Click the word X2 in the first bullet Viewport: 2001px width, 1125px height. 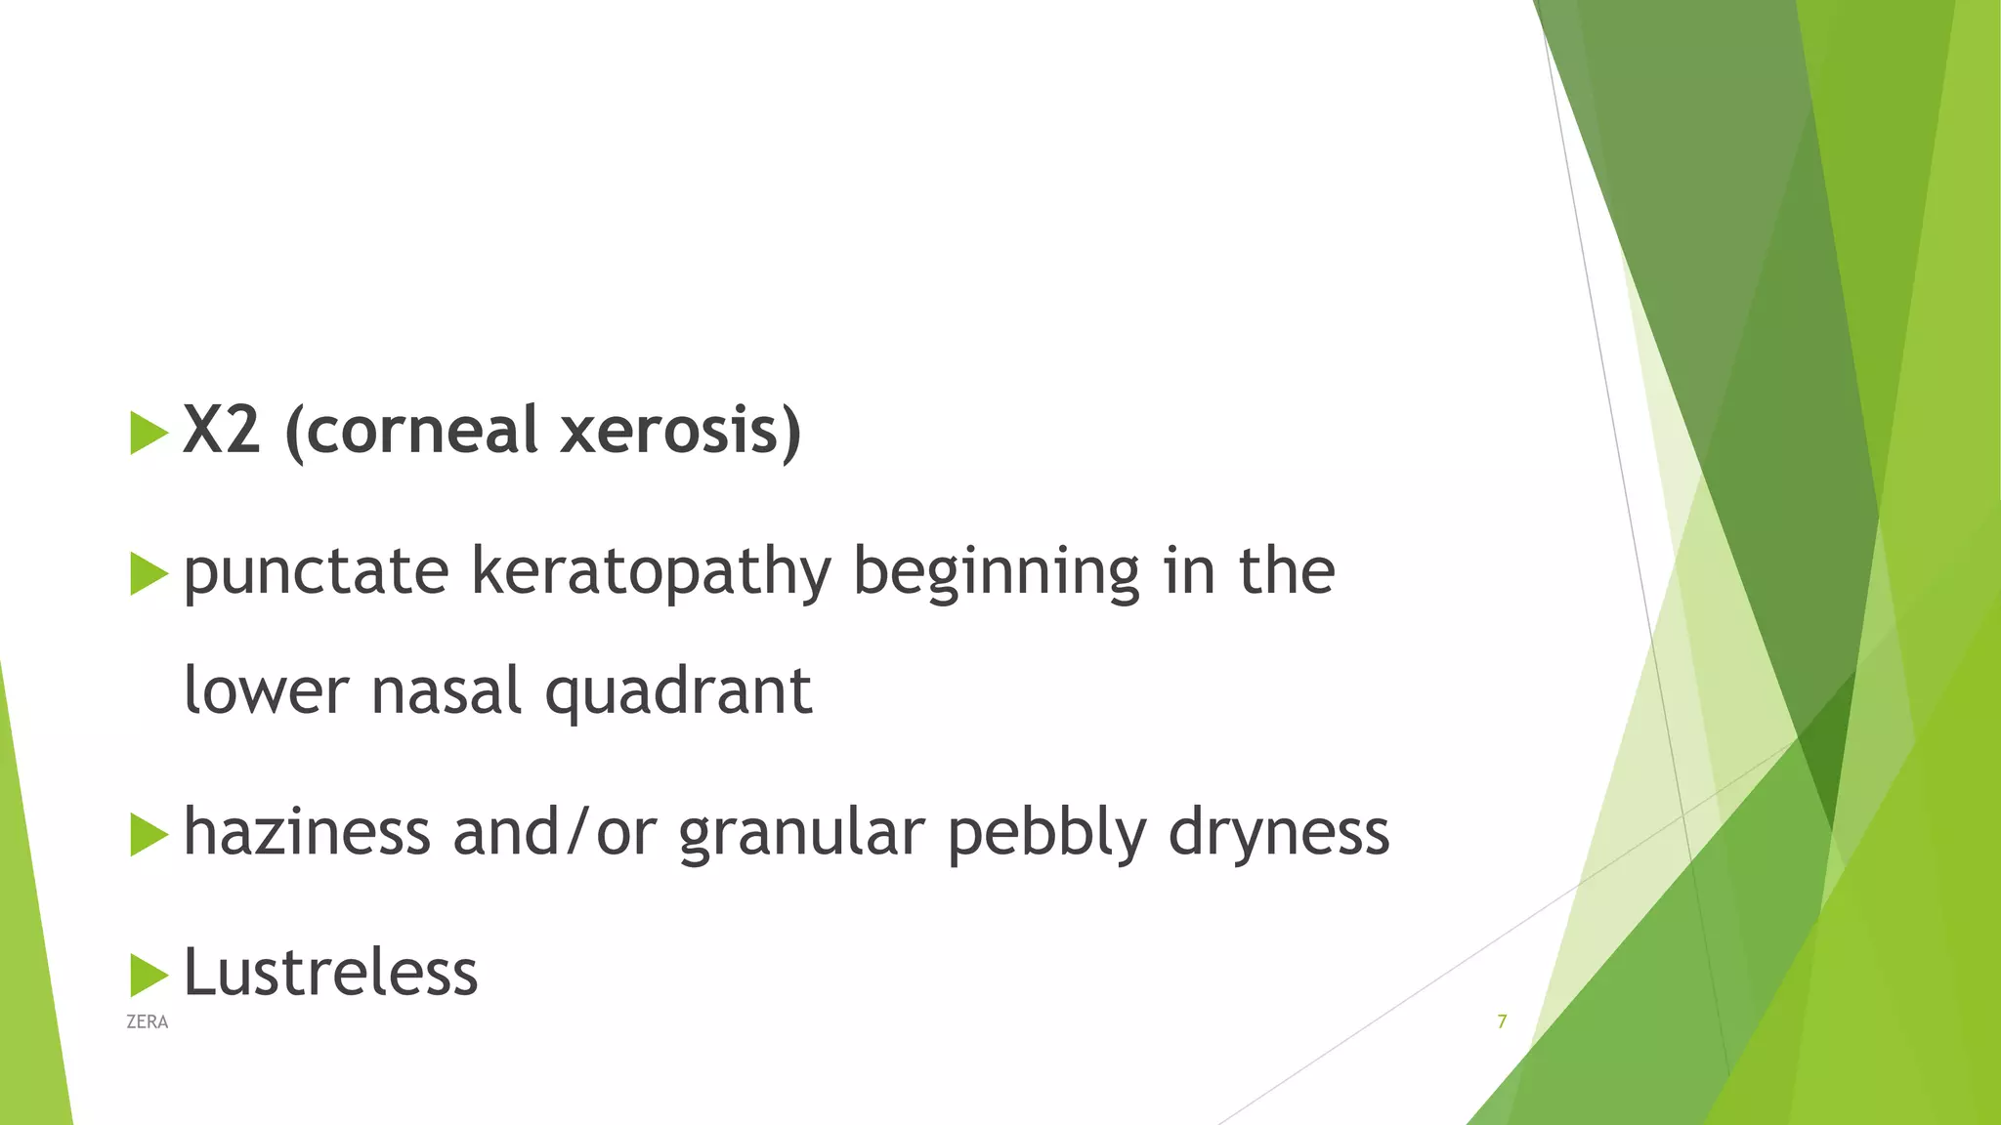[x=222, y=430]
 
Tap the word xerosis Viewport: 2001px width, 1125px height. [x=679, y=430]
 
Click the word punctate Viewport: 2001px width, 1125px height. [x=316, y=572]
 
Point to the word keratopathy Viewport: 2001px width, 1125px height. [x=650, y=572]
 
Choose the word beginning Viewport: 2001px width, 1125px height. [x=996, y=572]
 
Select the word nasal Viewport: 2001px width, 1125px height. [x=447, y=690]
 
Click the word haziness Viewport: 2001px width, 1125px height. [x=307, y=832]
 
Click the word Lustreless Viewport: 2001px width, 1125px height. [x=330, y=973]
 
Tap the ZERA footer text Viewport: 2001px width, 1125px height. [x=148, y=1022]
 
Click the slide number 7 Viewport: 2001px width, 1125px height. [x=1502, y=1021]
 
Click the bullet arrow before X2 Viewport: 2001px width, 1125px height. [x=149, y=433]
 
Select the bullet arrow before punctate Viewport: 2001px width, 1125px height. [x=149, y=573]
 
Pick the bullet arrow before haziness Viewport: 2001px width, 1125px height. [x=149, y=835]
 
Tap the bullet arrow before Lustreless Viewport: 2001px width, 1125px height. [x=149, y=975]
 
